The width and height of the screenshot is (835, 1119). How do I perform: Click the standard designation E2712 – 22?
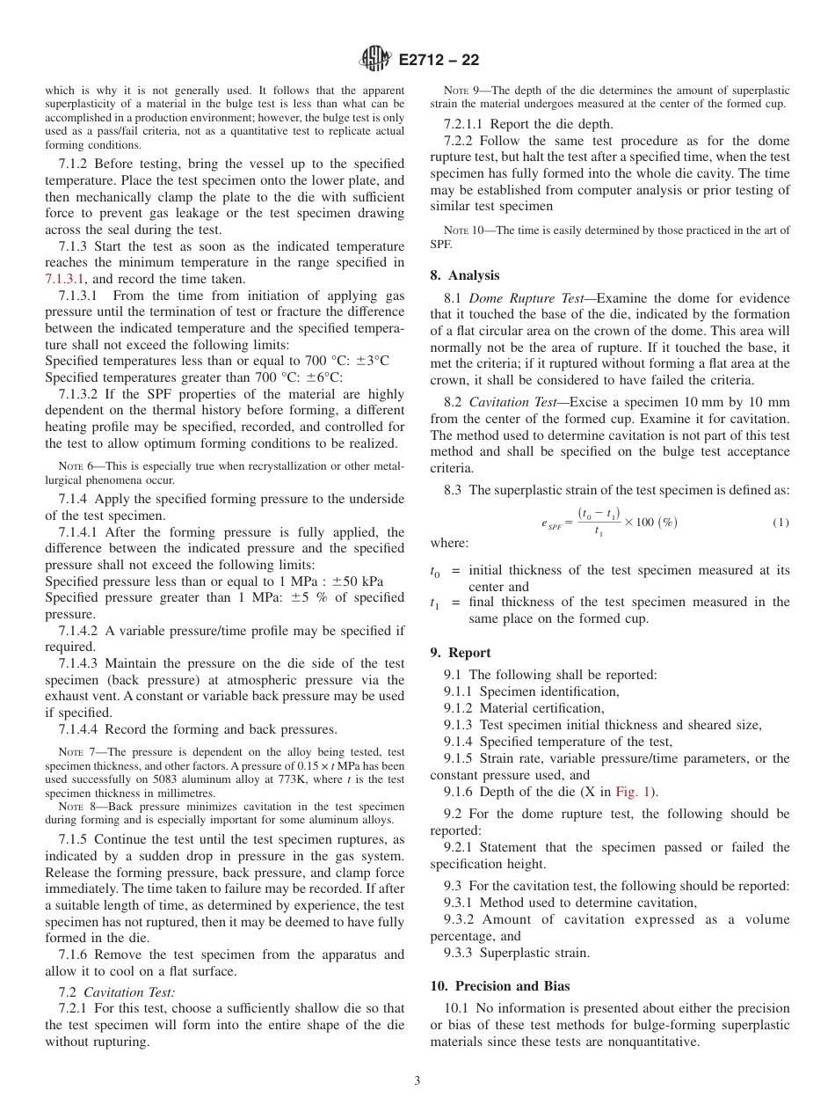point(439,61)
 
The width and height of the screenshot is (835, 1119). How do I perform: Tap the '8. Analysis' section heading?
point(465,275)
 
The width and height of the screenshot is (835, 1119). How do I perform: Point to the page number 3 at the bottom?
point(417,1081)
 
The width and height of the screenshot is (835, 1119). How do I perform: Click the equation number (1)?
point(781,523)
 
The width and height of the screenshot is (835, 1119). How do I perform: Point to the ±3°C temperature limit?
point(370,361)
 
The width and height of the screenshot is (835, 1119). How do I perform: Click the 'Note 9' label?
point(461,91)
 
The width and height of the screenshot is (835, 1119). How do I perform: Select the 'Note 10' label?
point(463,231)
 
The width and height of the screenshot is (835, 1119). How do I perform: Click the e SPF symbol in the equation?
point(552,523)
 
